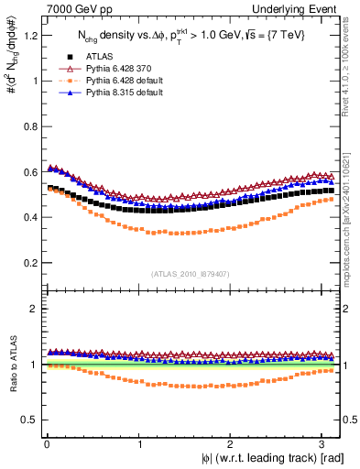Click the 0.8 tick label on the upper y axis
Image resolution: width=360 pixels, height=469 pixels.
coord(30,126)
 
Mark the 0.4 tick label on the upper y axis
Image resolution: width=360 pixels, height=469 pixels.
coord(30,218)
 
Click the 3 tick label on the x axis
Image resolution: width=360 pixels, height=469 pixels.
coord(322,442)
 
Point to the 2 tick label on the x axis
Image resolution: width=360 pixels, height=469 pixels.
coord(231,442)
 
